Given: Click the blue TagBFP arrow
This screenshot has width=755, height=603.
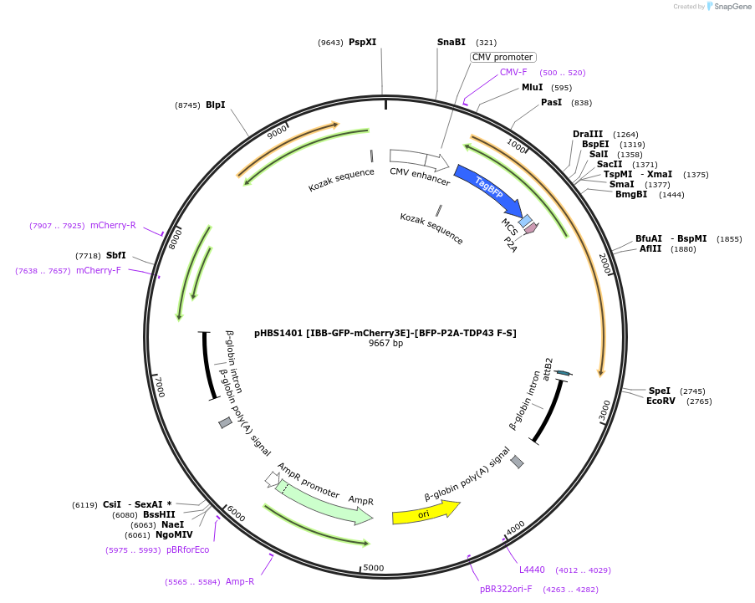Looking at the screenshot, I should coord(488,190).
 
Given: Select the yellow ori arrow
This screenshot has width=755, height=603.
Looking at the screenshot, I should coord(426,512).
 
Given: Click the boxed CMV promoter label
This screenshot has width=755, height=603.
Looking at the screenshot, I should coord(502,58).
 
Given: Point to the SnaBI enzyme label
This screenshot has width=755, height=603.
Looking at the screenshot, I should coord(451,42).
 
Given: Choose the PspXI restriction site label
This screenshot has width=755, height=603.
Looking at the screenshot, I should coord(363,42).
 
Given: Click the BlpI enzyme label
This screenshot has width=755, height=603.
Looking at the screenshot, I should coord(215,105).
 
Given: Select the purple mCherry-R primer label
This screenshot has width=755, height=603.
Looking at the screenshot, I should coord(113,225).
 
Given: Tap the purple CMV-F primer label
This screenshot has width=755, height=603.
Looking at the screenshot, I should coord(513,73).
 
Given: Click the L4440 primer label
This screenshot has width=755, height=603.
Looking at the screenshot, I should coord(532,570).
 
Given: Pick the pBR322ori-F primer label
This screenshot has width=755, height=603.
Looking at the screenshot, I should coord(506,589).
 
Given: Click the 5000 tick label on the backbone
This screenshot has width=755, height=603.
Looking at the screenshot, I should coord(374,568).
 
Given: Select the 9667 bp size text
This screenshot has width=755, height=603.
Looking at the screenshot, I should coord(385,344).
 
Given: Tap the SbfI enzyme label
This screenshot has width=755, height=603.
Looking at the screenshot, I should coord(116,255).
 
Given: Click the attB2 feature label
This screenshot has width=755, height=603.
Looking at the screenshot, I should coord(548,368).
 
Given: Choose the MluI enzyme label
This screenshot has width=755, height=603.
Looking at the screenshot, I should coord(533,87).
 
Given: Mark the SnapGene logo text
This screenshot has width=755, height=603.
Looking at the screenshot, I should coord(732,7).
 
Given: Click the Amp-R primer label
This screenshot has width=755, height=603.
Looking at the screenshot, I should coord(240,581).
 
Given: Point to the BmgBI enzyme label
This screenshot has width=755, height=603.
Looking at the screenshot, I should coord(631,195).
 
